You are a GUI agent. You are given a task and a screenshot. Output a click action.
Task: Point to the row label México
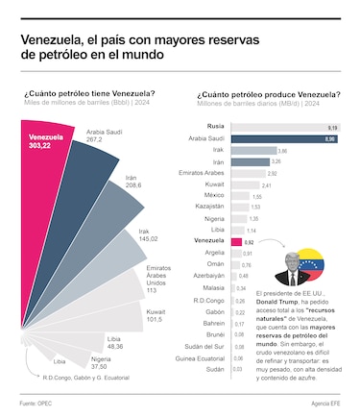pyautogui.click(x=217, y=195)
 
